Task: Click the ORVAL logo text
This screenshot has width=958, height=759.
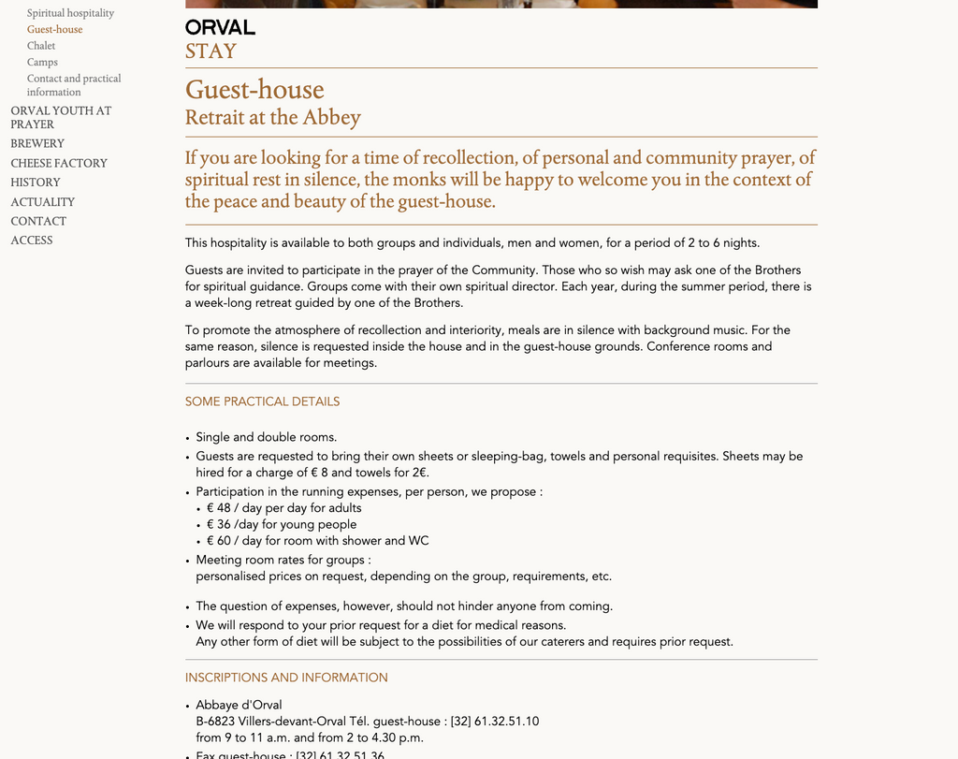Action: (220, 27)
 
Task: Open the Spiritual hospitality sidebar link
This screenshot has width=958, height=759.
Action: (70, 13)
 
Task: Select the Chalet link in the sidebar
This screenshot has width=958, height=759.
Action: (41, 46)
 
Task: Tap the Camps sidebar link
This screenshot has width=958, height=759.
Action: (42, 63)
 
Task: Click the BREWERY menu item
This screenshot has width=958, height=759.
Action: (37, 144)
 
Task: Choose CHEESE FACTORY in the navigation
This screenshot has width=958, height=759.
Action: (59, 164)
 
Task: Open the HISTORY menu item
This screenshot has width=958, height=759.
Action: (36, 182)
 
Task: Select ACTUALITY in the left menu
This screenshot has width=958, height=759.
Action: (43, 202)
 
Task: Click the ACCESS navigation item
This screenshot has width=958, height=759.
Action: (32, 241)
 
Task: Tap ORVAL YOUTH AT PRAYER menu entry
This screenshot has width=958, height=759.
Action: (61, 117)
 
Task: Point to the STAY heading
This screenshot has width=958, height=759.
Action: (210, 51)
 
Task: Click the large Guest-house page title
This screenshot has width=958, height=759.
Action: (254, 90)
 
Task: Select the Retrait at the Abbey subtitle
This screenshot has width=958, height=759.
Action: (272, 118)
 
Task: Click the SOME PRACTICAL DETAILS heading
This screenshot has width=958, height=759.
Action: (262, 401)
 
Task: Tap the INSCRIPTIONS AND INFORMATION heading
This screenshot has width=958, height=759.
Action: (286, 678)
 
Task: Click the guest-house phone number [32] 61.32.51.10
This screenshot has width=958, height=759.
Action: (495, 722)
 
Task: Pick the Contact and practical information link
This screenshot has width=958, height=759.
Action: (74, 85)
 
